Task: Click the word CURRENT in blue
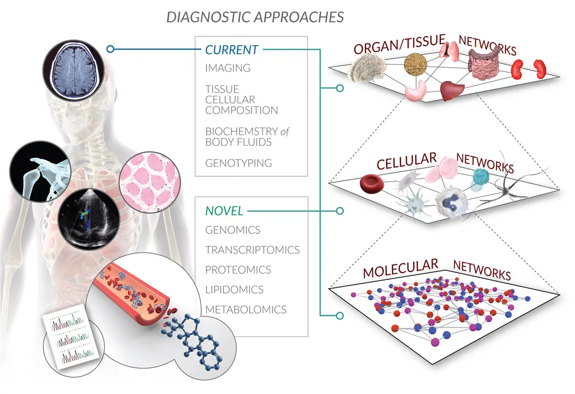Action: [x=232, y=49]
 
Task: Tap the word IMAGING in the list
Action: [x=228, y=68]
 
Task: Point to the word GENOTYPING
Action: [x=239, y=163]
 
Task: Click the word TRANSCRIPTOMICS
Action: [x=253, y=250]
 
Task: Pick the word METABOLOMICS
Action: [x=246, y=309]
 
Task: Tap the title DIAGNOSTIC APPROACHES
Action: [x=255, y=17]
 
